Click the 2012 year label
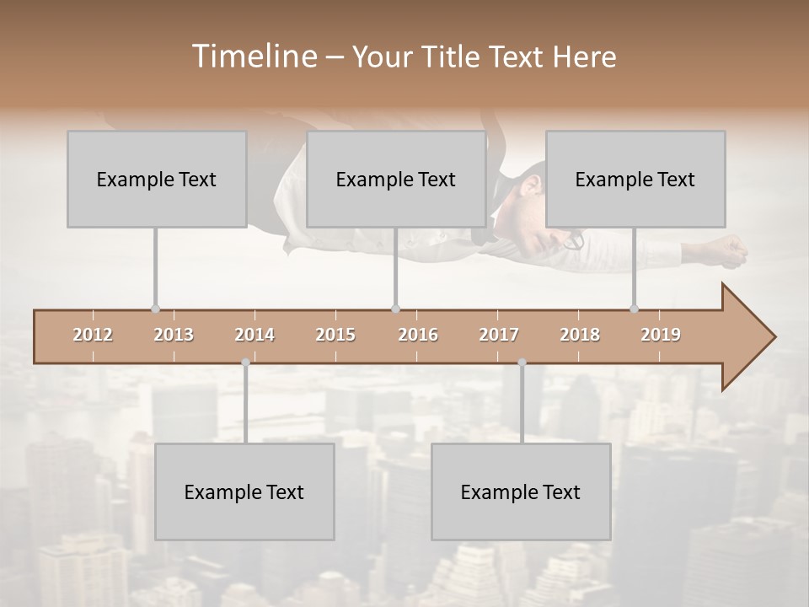(x=93, y=335)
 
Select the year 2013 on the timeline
(x=174, y=335)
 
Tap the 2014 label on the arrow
(x=254, y=335)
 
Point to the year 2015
(x=335, y=335)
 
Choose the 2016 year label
(x=418, y=335)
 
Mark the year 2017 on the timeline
(x=499, y=335)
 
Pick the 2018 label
(x=580, y=335)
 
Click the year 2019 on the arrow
(x=661, y=335)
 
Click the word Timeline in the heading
(x=253, y=56)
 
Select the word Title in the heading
(x=453, y=56)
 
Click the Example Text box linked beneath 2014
(x=244, y=492)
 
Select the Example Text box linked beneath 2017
(x=521, y=492)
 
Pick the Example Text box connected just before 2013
(x=157, y=179)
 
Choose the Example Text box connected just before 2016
(x=396, y=179)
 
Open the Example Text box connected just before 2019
(x=635, y=179)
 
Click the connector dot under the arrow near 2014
(x=245, y=363)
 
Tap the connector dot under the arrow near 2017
(x=522, y=363)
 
